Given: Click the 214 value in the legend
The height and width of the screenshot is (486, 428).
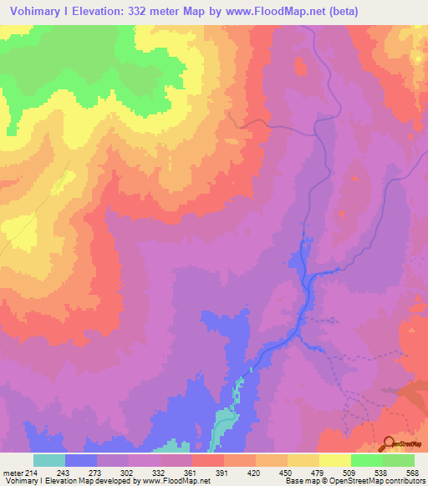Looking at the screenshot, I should click(32, 472).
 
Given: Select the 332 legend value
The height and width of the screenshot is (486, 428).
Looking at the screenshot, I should click(160, 472).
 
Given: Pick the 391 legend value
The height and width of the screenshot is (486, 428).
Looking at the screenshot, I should click(223, 472).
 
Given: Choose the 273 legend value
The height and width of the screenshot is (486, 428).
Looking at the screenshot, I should click(96, 472).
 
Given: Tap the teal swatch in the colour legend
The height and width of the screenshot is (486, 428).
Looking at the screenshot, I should click(49, 460).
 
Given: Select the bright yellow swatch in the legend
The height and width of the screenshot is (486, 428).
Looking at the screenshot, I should click(335, 460).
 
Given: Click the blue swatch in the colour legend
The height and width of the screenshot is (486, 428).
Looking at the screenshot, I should click(81, 460).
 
